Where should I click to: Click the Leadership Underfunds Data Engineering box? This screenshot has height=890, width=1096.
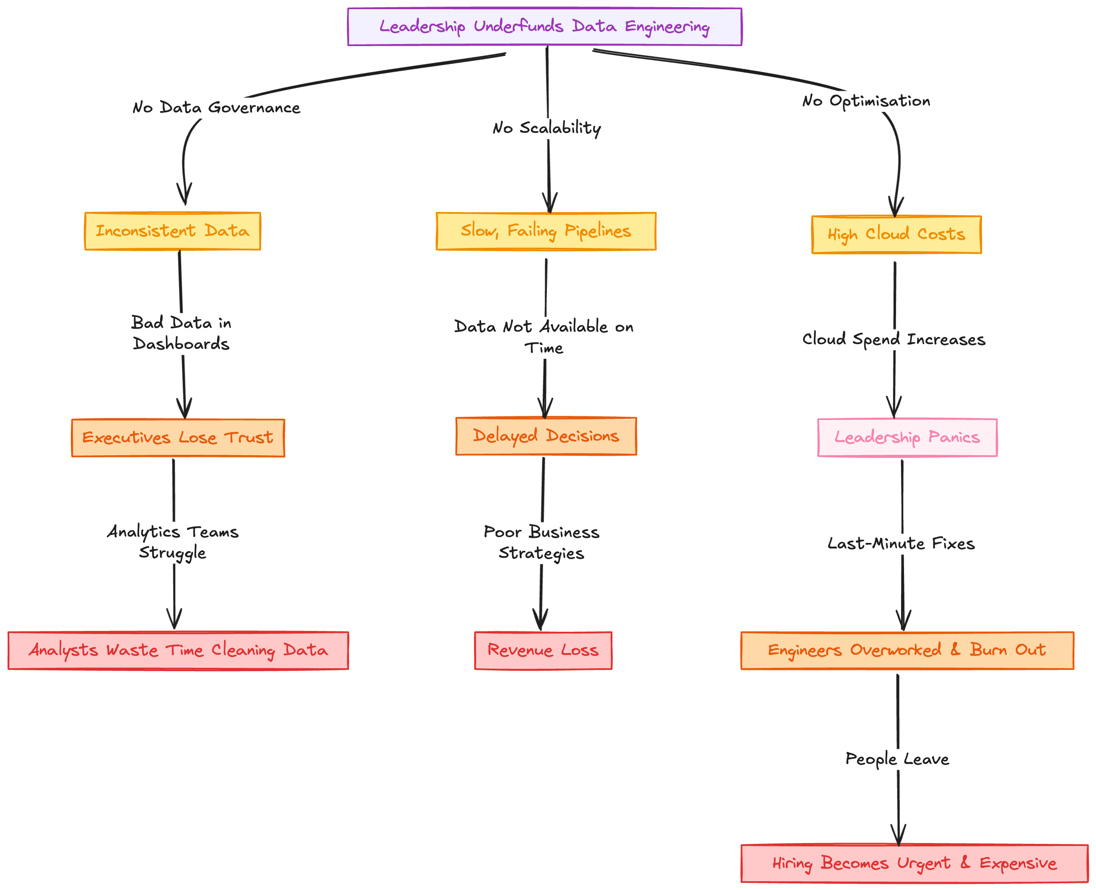544,27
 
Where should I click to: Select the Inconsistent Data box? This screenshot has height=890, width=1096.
173,231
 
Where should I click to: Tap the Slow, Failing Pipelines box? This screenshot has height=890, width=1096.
546,231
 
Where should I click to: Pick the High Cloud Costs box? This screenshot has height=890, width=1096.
896,235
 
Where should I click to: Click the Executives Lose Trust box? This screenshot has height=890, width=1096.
178,438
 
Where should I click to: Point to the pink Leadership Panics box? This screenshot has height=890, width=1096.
907,437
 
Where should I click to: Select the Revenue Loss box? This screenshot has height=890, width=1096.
543,651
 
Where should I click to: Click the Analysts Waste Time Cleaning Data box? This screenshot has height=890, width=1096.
178,651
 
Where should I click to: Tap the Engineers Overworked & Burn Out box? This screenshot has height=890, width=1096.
907,651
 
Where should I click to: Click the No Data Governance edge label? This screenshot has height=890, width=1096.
216,108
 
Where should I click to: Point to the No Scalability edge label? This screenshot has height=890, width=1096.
547,128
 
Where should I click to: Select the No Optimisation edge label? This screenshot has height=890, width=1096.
866,101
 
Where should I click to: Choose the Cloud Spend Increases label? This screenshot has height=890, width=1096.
894,340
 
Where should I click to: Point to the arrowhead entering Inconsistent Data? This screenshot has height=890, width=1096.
184,197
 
